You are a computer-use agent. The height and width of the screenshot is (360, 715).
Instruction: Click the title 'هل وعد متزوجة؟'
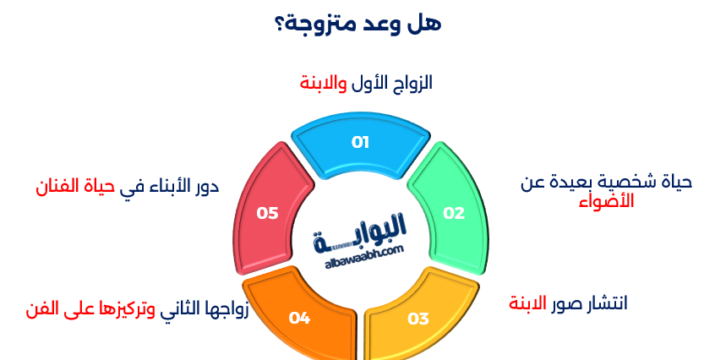[357, 23]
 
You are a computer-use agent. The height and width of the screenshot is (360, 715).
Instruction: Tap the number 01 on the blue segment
[361, 142]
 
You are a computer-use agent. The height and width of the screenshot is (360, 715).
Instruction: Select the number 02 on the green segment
[455, 213]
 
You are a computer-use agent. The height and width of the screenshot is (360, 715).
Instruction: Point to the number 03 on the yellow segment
[418, 319]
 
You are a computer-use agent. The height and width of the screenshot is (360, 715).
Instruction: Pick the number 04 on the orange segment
[299, 319]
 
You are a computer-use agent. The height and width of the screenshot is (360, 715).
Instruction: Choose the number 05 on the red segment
[268, 213]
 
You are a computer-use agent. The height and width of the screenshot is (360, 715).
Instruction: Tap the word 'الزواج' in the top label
[414, 83]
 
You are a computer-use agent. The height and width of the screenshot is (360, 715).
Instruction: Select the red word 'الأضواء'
[606, 202]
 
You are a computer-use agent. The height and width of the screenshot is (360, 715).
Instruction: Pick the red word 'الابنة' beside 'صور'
[528, 303]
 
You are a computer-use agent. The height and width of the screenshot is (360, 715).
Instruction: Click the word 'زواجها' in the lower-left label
[229, 308]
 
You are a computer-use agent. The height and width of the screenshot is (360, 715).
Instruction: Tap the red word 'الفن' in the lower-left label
[43, 308]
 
